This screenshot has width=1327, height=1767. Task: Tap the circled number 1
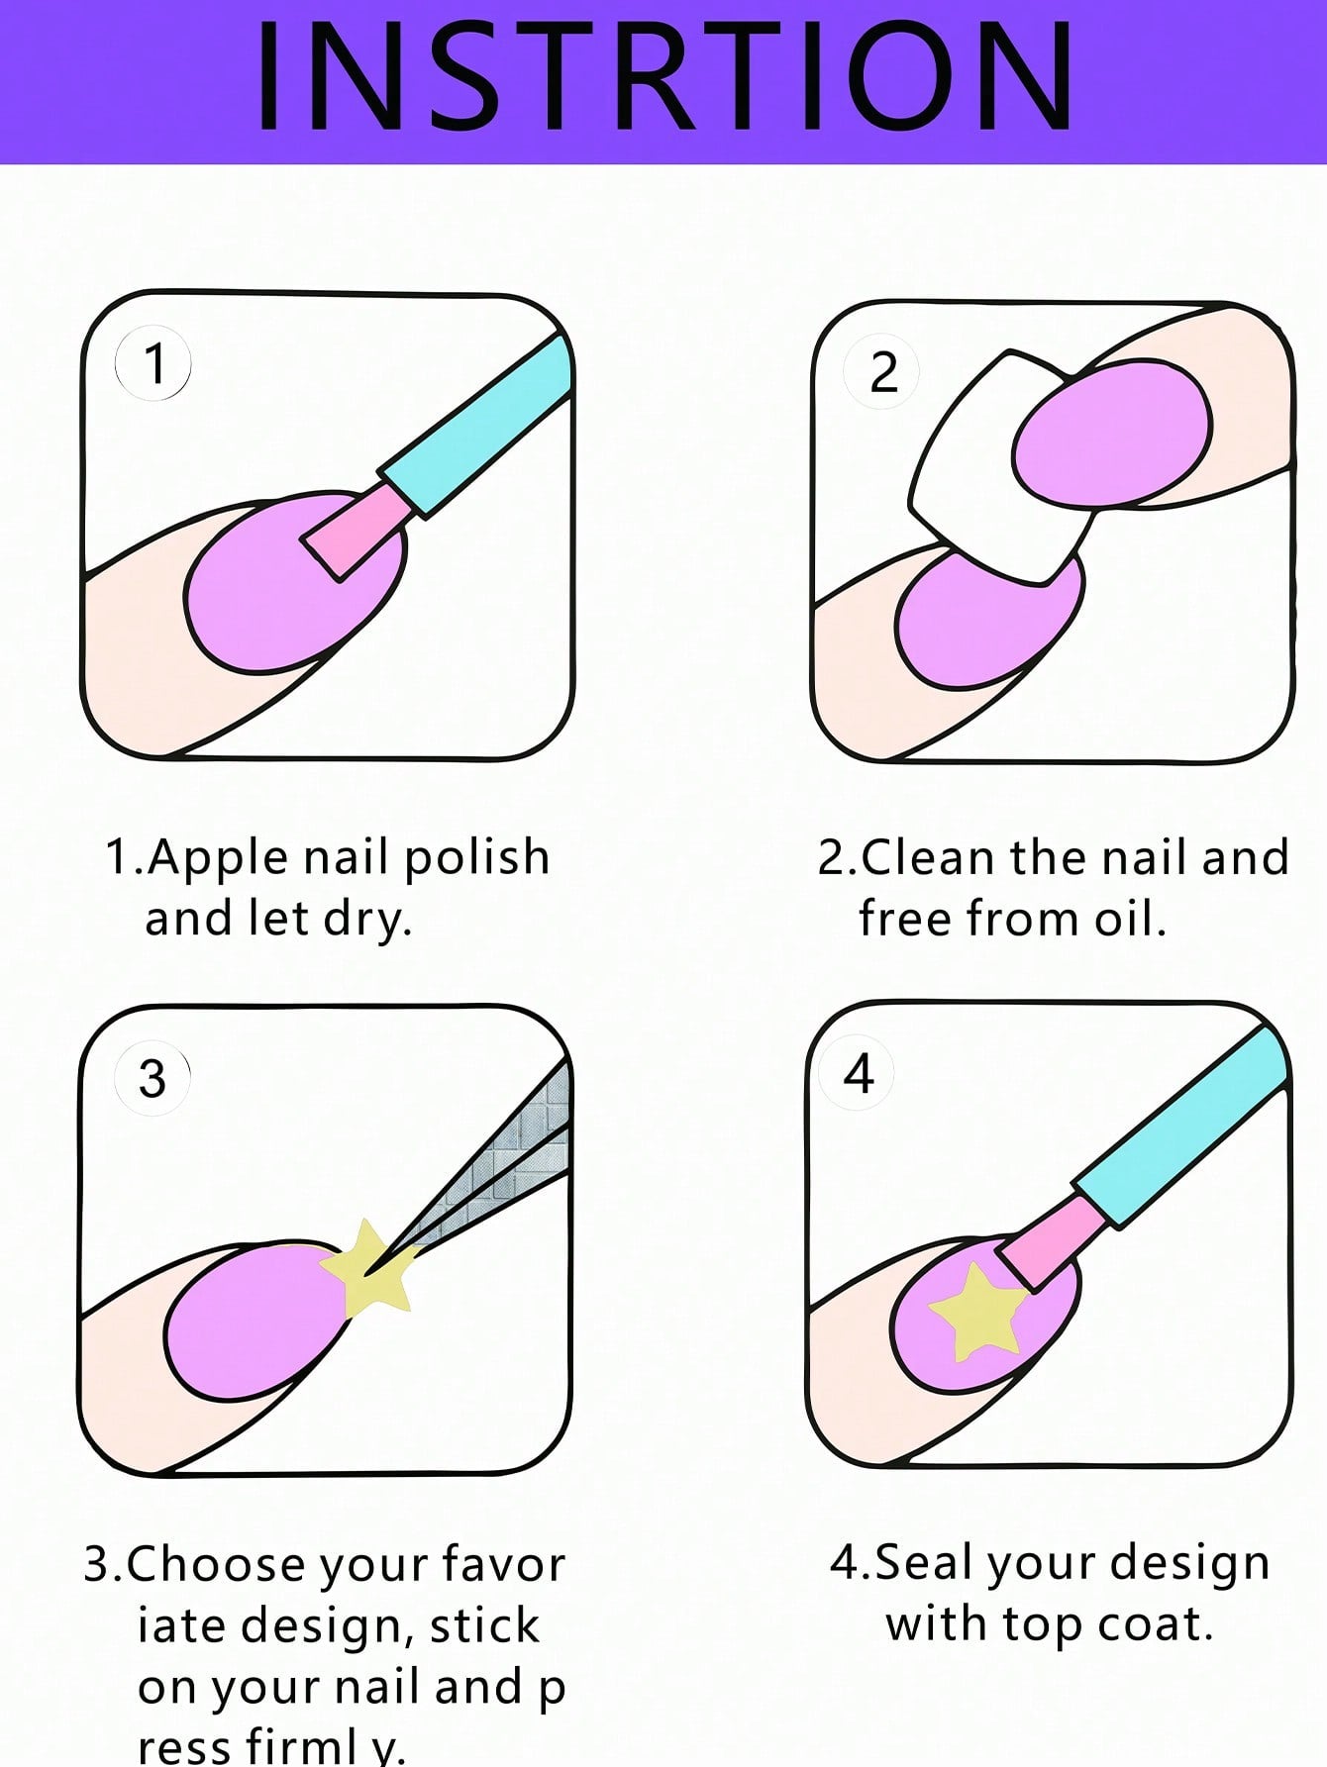(x=153, y=364)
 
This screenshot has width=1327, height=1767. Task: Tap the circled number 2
(x=882, y=373)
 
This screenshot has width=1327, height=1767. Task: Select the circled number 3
(x=153, y=1078)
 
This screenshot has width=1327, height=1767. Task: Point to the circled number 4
(x=858, y=1074)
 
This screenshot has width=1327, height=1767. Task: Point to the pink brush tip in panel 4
(x=1050, y=1242)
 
